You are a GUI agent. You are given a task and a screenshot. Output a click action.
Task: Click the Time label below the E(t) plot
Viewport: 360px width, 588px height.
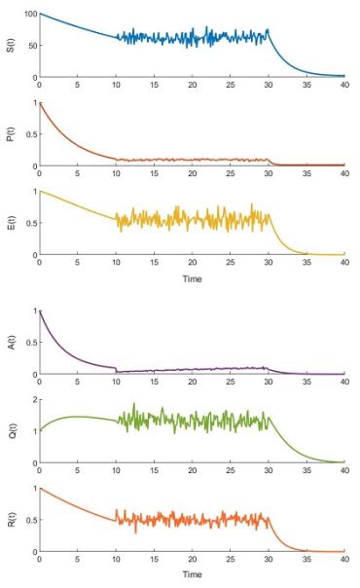(192, 278)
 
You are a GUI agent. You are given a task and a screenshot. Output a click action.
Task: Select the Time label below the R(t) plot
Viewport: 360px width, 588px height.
(192, 574)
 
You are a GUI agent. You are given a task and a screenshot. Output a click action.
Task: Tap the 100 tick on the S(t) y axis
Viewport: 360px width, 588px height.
(28, 15)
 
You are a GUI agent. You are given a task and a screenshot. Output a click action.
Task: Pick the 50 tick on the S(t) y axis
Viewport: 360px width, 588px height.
(30, 46)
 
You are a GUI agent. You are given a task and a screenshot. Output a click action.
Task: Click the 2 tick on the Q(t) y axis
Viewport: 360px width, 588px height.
(33, 400)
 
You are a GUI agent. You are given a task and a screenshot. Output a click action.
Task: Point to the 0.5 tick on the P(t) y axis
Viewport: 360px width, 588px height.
(28, 134)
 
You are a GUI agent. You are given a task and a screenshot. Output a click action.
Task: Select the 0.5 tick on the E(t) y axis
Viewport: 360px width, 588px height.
(28, 223)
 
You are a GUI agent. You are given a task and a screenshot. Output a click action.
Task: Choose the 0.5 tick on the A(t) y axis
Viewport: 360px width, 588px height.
(28, 343)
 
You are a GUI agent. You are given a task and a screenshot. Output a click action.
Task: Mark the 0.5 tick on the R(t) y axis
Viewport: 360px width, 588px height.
(28, 520)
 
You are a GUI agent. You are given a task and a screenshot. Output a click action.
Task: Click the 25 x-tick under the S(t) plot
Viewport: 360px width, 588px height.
(230, 86)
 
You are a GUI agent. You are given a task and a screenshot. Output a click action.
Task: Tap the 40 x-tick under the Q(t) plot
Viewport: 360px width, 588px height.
(344, 471)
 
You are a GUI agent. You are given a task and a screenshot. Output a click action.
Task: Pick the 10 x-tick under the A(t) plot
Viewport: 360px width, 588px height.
(116, 383)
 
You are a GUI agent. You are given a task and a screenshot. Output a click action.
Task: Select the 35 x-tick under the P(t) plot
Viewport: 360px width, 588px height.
(306, 174)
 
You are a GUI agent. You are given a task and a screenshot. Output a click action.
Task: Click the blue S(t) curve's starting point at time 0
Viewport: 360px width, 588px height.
(40, 15)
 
